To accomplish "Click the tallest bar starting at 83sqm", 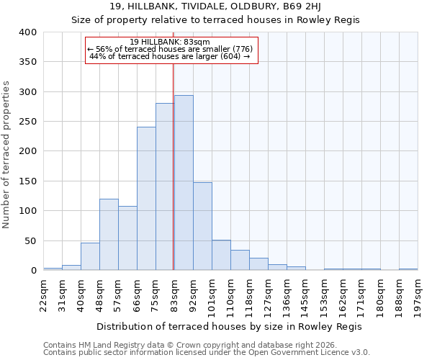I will click(184, 183).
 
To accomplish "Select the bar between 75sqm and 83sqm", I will click(165, 186).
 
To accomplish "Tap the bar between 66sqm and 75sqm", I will click(146, 199).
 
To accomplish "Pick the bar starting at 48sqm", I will click(109, 235).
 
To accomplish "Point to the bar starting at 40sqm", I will click(90, 256).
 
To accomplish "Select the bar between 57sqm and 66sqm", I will click(127, 238).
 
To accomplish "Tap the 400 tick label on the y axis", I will click(27, 32).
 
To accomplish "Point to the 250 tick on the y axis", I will click(27, 122).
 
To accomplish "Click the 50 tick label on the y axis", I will click(30, 240).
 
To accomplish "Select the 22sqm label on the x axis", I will click(44, 296).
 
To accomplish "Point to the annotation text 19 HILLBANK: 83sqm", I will click(171, 42).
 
